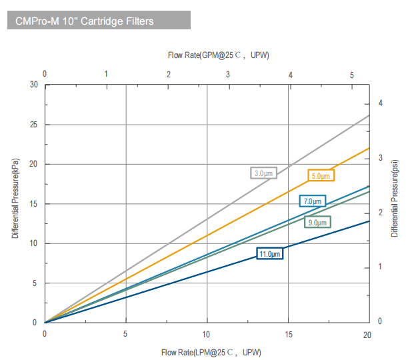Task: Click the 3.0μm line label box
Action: [x=263, y=173]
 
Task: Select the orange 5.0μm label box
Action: [x=321, y=176]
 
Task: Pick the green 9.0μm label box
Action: [x=317, y=222]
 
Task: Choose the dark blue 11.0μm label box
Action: [x=271, y=254]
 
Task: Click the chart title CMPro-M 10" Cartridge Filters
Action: [x=85, y=21]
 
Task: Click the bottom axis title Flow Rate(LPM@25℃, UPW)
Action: [x=211, y=351]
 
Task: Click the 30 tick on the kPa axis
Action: [x=33, y=85]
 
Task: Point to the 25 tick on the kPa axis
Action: [x=33, y=125]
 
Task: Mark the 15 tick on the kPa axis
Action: [x=33, y=204]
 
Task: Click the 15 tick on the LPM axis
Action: [x=288, y=335]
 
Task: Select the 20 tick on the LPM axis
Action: [x=369, y=335]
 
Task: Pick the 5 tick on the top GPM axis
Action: [x=351, y=75]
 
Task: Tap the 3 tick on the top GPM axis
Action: [x=229, y=75]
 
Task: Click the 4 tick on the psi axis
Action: [x=380, y=103]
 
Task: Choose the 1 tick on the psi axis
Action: [x=380, y=267]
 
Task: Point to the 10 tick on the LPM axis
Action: [x=207, y=335]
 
